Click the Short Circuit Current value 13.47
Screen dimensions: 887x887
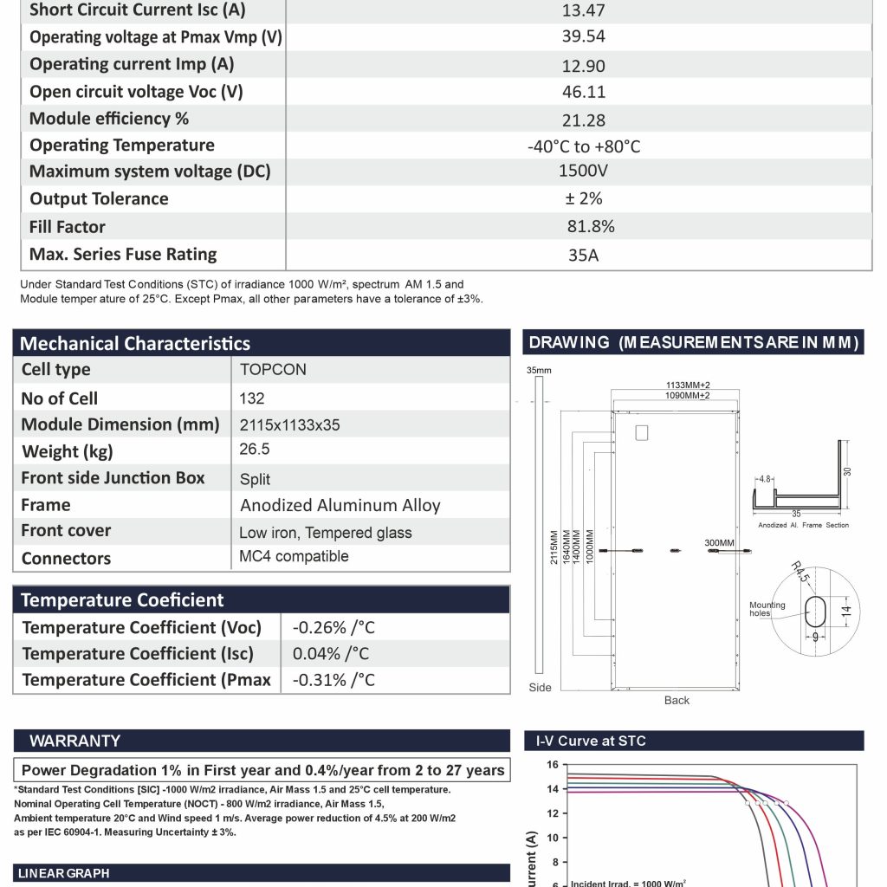click(583, 10)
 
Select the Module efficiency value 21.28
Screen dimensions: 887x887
click(583, 120)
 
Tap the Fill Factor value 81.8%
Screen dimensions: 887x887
click(591, 227)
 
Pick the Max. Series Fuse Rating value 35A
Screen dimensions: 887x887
click(583, 256)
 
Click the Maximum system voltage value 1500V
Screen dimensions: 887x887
click(583, 172)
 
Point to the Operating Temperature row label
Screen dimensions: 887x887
click(121, 146)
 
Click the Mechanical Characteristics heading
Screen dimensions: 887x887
click(135, 344)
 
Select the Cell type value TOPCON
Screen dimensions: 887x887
click(273, 370)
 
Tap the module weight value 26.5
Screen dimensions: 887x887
click(255, 450)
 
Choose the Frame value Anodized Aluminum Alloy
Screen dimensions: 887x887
click(340, 506)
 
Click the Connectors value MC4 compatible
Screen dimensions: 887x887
click(294, 557)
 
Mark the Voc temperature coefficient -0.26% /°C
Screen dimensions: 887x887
click(333, 628)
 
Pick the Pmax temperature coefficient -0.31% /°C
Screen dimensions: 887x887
click(333, 680)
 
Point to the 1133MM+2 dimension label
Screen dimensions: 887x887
click(677, 385)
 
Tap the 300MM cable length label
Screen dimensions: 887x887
click(719, 543)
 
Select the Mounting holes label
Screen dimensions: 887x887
click(767, 610)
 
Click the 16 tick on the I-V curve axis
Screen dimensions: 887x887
click(552, 766)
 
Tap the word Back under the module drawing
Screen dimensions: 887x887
click(677, 700)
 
